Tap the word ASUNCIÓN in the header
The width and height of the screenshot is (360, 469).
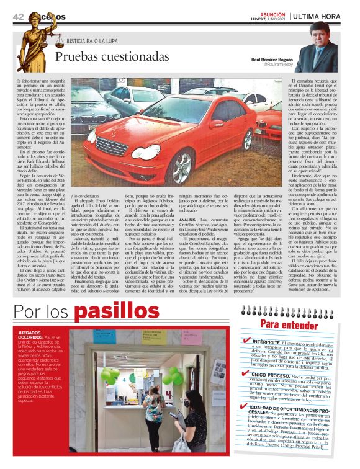coord(272,12)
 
